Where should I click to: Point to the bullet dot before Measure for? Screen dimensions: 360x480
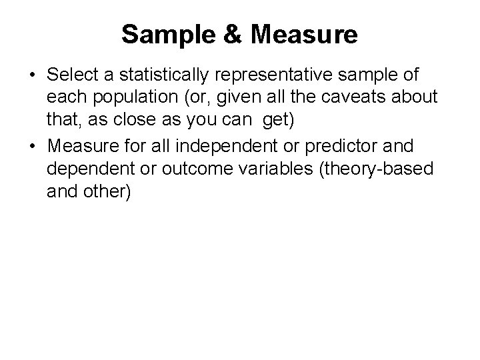(33, 145)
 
